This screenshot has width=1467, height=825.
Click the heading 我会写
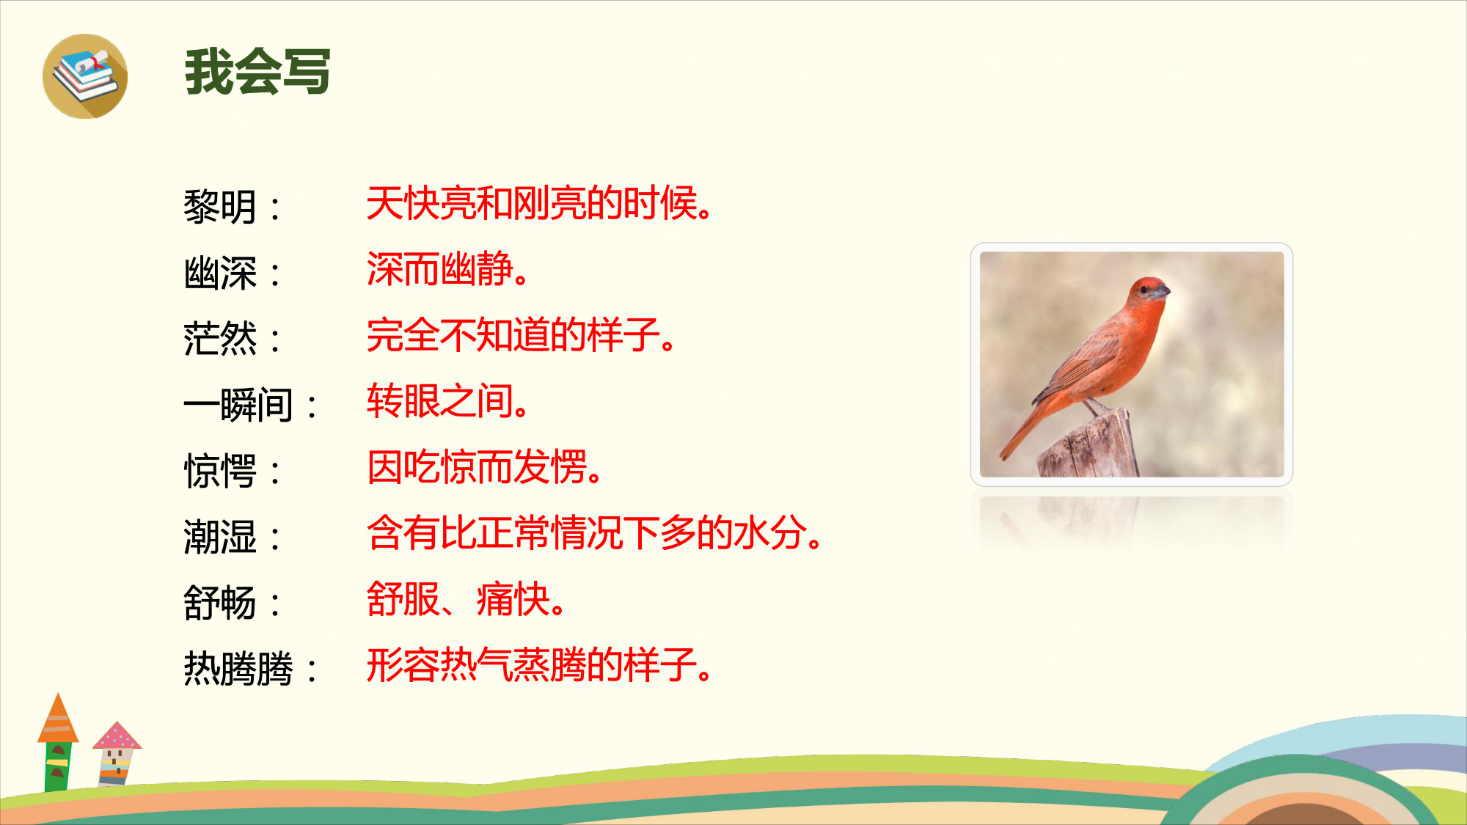tap(257, 72)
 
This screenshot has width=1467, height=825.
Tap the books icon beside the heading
tap(85, 76)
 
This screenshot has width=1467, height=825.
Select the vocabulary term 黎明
tap(220, 206)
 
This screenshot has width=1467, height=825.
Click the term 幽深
tap(220, 273)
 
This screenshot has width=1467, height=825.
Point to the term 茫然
tap(220, 338)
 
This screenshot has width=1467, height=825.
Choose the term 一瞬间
tap(238, 404)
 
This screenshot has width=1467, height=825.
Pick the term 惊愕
tap(220, 470)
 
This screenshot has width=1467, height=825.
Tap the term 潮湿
tap(220, 536)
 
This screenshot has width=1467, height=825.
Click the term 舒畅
tap(220, 602)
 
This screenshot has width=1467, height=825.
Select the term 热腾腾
tap(238, 668)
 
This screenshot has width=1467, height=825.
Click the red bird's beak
tap(1162, 293)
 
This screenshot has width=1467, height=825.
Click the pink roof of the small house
tap(117, 736)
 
